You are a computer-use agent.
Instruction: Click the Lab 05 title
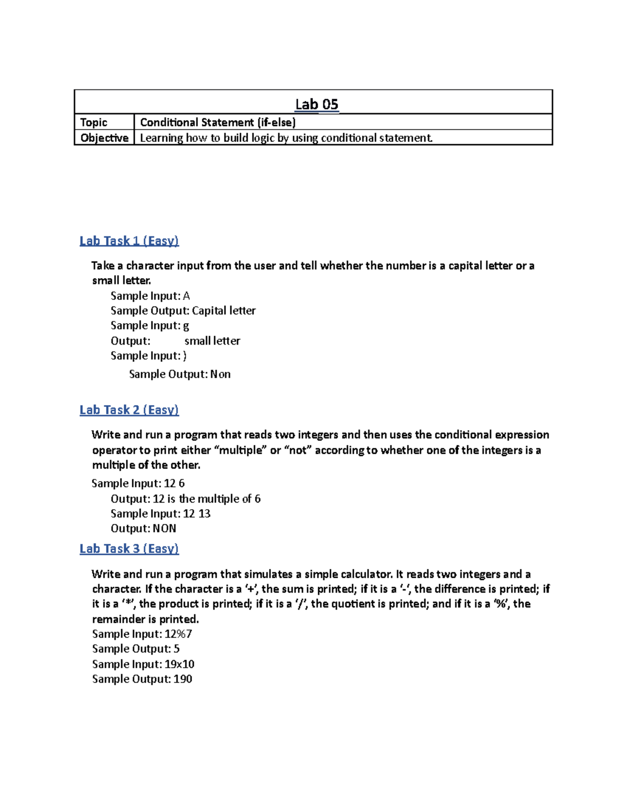tap(317, 104)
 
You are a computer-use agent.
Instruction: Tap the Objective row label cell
tap(104, 138)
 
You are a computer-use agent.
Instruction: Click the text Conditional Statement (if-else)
tap(217, 122)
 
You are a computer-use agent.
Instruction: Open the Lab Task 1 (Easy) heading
tap(129, 241)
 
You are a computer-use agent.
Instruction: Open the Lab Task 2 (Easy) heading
tap(129, 409)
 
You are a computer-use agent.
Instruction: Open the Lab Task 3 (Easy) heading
tap(129, 548)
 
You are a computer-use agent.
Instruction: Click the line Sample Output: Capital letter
tap(183, 311)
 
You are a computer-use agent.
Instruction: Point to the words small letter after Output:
tap(212, 341)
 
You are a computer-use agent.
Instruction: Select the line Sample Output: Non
tap(180, 374)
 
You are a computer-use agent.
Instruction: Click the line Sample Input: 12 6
tap(138, 483)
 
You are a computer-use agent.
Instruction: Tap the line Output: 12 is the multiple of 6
tap(185, 499)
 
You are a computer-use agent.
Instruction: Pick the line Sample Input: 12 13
tap(160, 513)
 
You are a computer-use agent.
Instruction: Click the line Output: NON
tap(143, 528)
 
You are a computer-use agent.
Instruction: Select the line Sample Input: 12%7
tap(142, 634)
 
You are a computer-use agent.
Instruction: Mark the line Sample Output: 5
tap(136, 649)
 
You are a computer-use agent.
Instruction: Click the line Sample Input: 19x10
tap(143, 664)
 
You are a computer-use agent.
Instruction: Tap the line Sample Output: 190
tap(142, 679)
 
